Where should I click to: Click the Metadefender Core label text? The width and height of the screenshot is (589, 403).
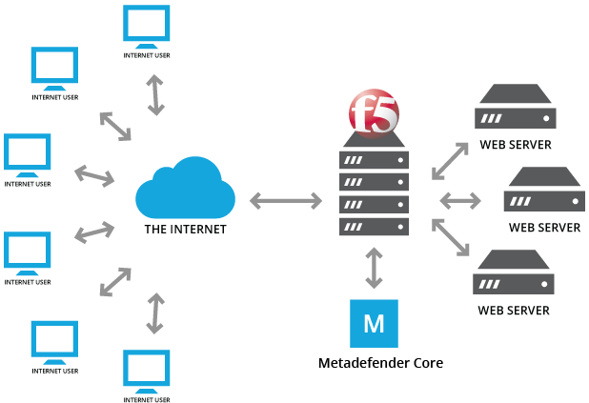tap(379, 363)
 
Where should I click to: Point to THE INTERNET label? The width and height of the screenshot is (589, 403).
tap(184, 230)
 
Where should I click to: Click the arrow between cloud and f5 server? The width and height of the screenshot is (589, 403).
tap(286, 200)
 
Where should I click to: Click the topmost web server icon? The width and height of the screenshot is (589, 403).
tap(515, 109)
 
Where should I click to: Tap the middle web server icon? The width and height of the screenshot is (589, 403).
tap(544, 191)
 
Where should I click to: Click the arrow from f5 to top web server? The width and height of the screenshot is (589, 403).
tap(451, 160)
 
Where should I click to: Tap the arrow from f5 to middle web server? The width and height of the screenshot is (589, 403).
tap(460, 200)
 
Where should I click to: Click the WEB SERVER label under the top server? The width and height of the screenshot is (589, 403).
tap(515, 145)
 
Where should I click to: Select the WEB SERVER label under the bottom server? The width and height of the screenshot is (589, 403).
tap(515, 311)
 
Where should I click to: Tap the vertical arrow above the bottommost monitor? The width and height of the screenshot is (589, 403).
tap(152, 312)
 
